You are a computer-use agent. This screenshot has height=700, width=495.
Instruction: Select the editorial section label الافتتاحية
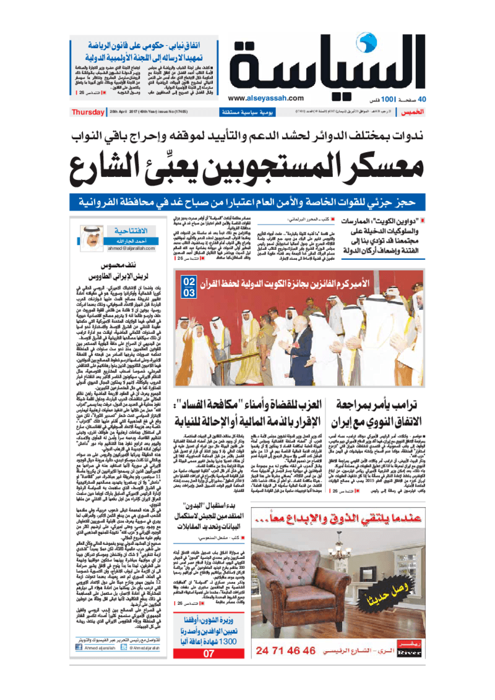[x=124, y=230]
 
